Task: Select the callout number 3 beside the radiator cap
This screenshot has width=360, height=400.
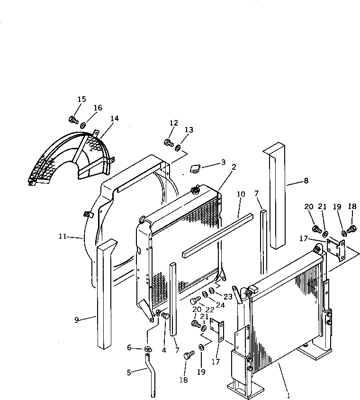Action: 223,163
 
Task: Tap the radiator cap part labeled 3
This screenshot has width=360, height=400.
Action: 195,169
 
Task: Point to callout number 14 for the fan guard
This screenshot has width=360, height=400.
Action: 114,118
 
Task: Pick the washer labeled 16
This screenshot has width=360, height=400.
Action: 83,126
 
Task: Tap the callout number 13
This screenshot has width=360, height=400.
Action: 189,130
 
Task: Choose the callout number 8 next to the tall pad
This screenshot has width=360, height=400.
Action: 306,180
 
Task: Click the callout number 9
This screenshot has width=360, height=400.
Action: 77,320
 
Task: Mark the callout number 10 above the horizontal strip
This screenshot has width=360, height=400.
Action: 241,194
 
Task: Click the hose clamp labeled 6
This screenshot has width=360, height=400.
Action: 148,349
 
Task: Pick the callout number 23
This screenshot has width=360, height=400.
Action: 228,297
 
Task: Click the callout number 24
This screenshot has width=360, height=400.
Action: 221,305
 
